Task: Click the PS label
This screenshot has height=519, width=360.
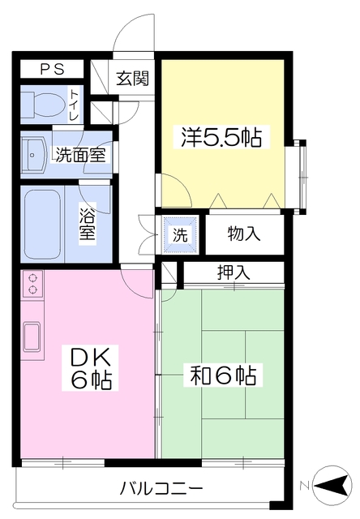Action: [x=52, y=69]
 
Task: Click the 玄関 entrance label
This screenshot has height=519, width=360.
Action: [x=132, y=79]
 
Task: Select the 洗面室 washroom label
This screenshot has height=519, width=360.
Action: [x=80, y=154]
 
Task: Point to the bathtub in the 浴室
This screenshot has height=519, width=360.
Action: [x=42, y=225]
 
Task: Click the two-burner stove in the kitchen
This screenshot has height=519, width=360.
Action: [x=32, y=284]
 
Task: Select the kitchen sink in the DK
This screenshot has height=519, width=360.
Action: [x=32, y=336]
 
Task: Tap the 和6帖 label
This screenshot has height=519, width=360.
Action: [x=223, y=375]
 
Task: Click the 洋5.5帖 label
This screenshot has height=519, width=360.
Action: [x=221, y=137]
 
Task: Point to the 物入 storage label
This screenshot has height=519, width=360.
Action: [x=244, y=234]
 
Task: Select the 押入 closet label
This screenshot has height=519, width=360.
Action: [x=234, y=272]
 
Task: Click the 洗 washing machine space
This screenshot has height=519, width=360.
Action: [x=180, y=234]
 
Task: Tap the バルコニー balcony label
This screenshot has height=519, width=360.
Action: [x=161, y=488]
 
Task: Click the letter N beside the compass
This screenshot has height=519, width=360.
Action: [x=304, y=487]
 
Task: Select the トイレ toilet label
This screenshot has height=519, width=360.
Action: [x=74, y=105]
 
